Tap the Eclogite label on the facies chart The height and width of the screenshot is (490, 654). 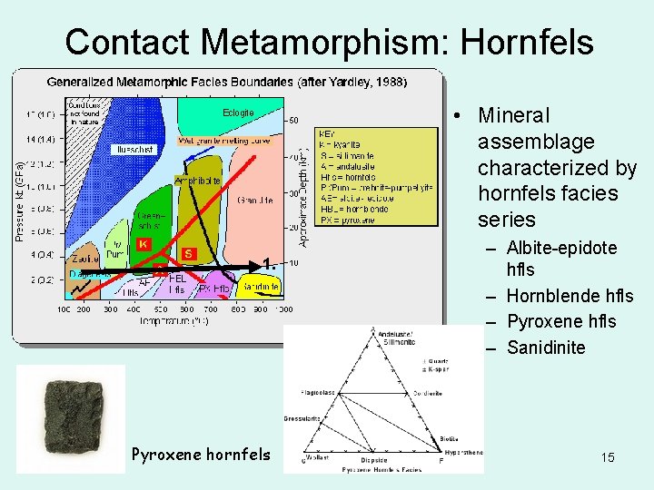pos(238,113)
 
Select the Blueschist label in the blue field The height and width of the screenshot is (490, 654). pos(131,149)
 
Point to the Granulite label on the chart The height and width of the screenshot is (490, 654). pos(252,200)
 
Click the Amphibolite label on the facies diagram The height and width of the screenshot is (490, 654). pos(197,181)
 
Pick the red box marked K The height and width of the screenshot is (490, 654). pos(143,243)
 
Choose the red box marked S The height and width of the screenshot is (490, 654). pos(189,253)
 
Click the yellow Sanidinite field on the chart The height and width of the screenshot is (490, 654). pos(260,286)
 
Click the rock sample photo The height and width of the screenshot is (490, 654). pos(71,418)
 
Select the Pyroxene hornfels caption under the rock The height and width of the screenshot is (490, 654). pos(201,453)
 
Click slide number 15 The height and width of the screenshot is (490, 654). pos(607,457)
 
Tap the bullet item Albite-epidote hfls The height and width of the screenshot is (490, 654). pos(560,258)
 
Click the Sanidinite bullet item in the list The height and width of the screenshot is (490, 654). pos(546,348)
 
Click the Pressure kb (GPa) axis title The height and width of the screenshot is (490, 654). pos(20,195)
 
